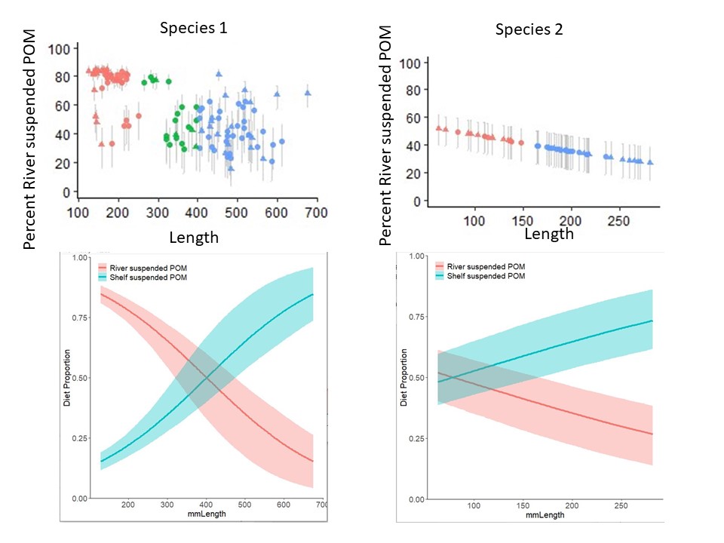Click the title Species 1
coord(193,29)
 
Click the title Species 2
coord(529,30)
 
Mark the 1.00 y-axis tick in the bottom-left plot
coord(78,258)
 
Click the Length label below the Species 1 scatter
coord(194,238)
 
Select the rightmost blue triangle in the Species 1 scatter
coord(308,93)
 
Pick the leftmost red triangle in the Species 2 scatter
coord(438,128)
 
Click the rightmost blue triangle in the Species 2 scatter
coord(650,162)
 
